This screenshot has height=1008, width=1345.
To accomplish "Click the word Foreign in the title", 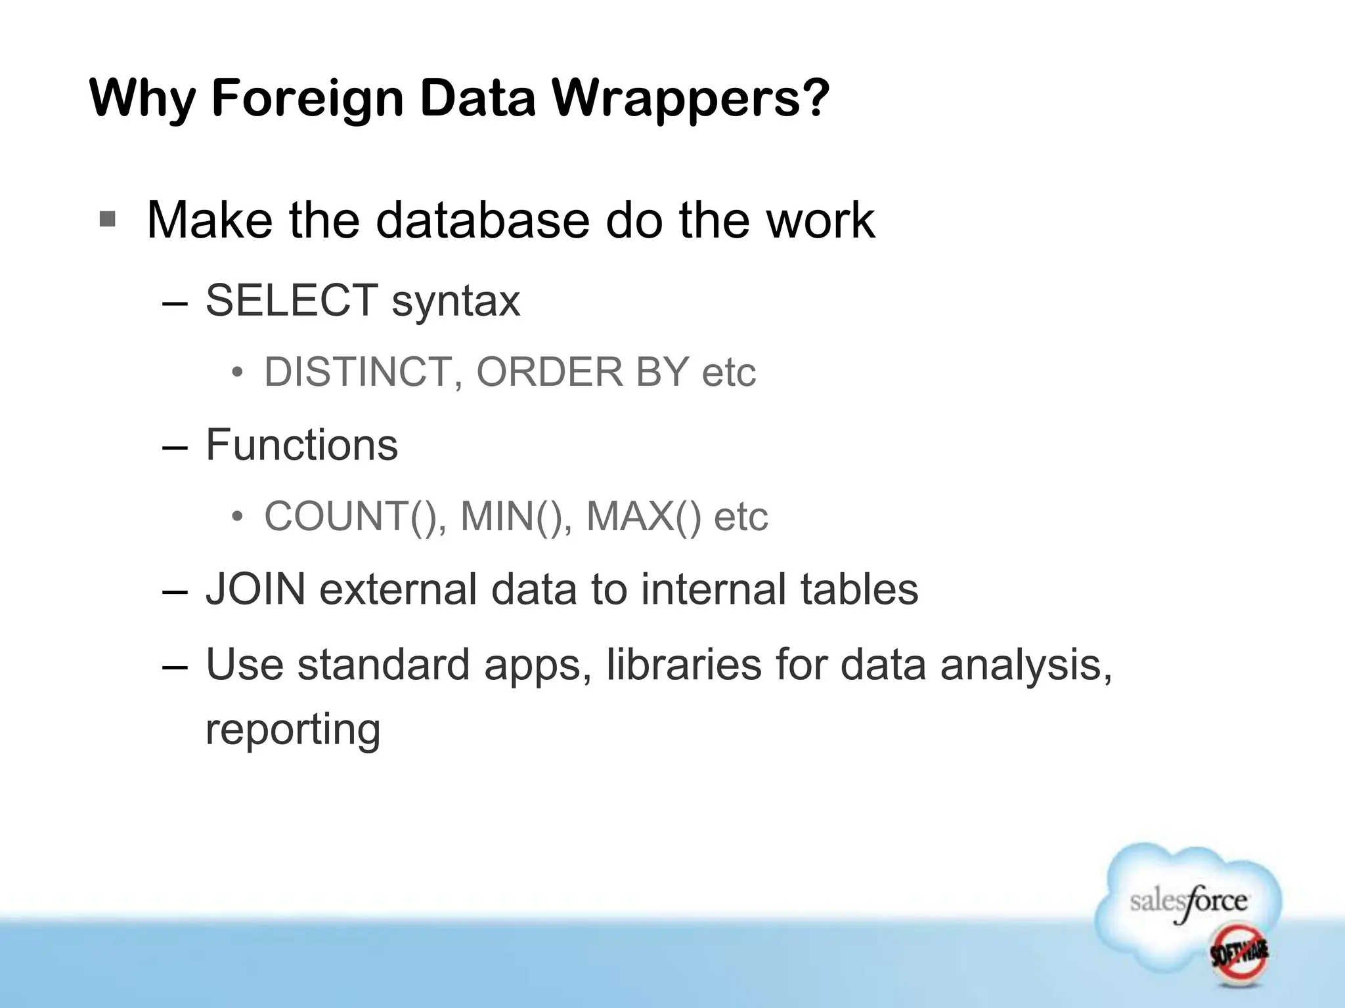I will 307,98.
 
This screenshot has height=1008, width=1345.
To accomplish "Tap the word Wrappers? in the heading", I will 690,98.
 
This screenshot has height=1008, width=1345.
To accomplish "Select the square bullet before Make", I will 107,219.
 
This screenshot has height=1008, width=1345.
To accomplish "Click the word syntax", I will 456,302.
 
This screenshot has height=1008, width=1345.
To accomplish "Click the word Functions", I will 301,445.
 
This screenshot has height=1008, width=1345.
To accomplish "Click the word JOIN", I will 255,589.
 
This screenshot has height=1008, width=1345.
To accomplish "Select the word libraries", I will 683,665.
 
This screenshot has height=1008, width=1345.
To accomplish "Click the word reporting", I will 293,730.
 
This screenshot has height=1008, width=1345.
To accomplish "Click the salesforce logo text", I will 1189,902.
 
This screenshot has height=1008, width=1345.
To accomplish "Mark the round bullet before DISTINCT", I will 238,373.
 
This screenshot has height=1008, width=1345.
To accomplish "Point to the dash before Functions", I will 175,447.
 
